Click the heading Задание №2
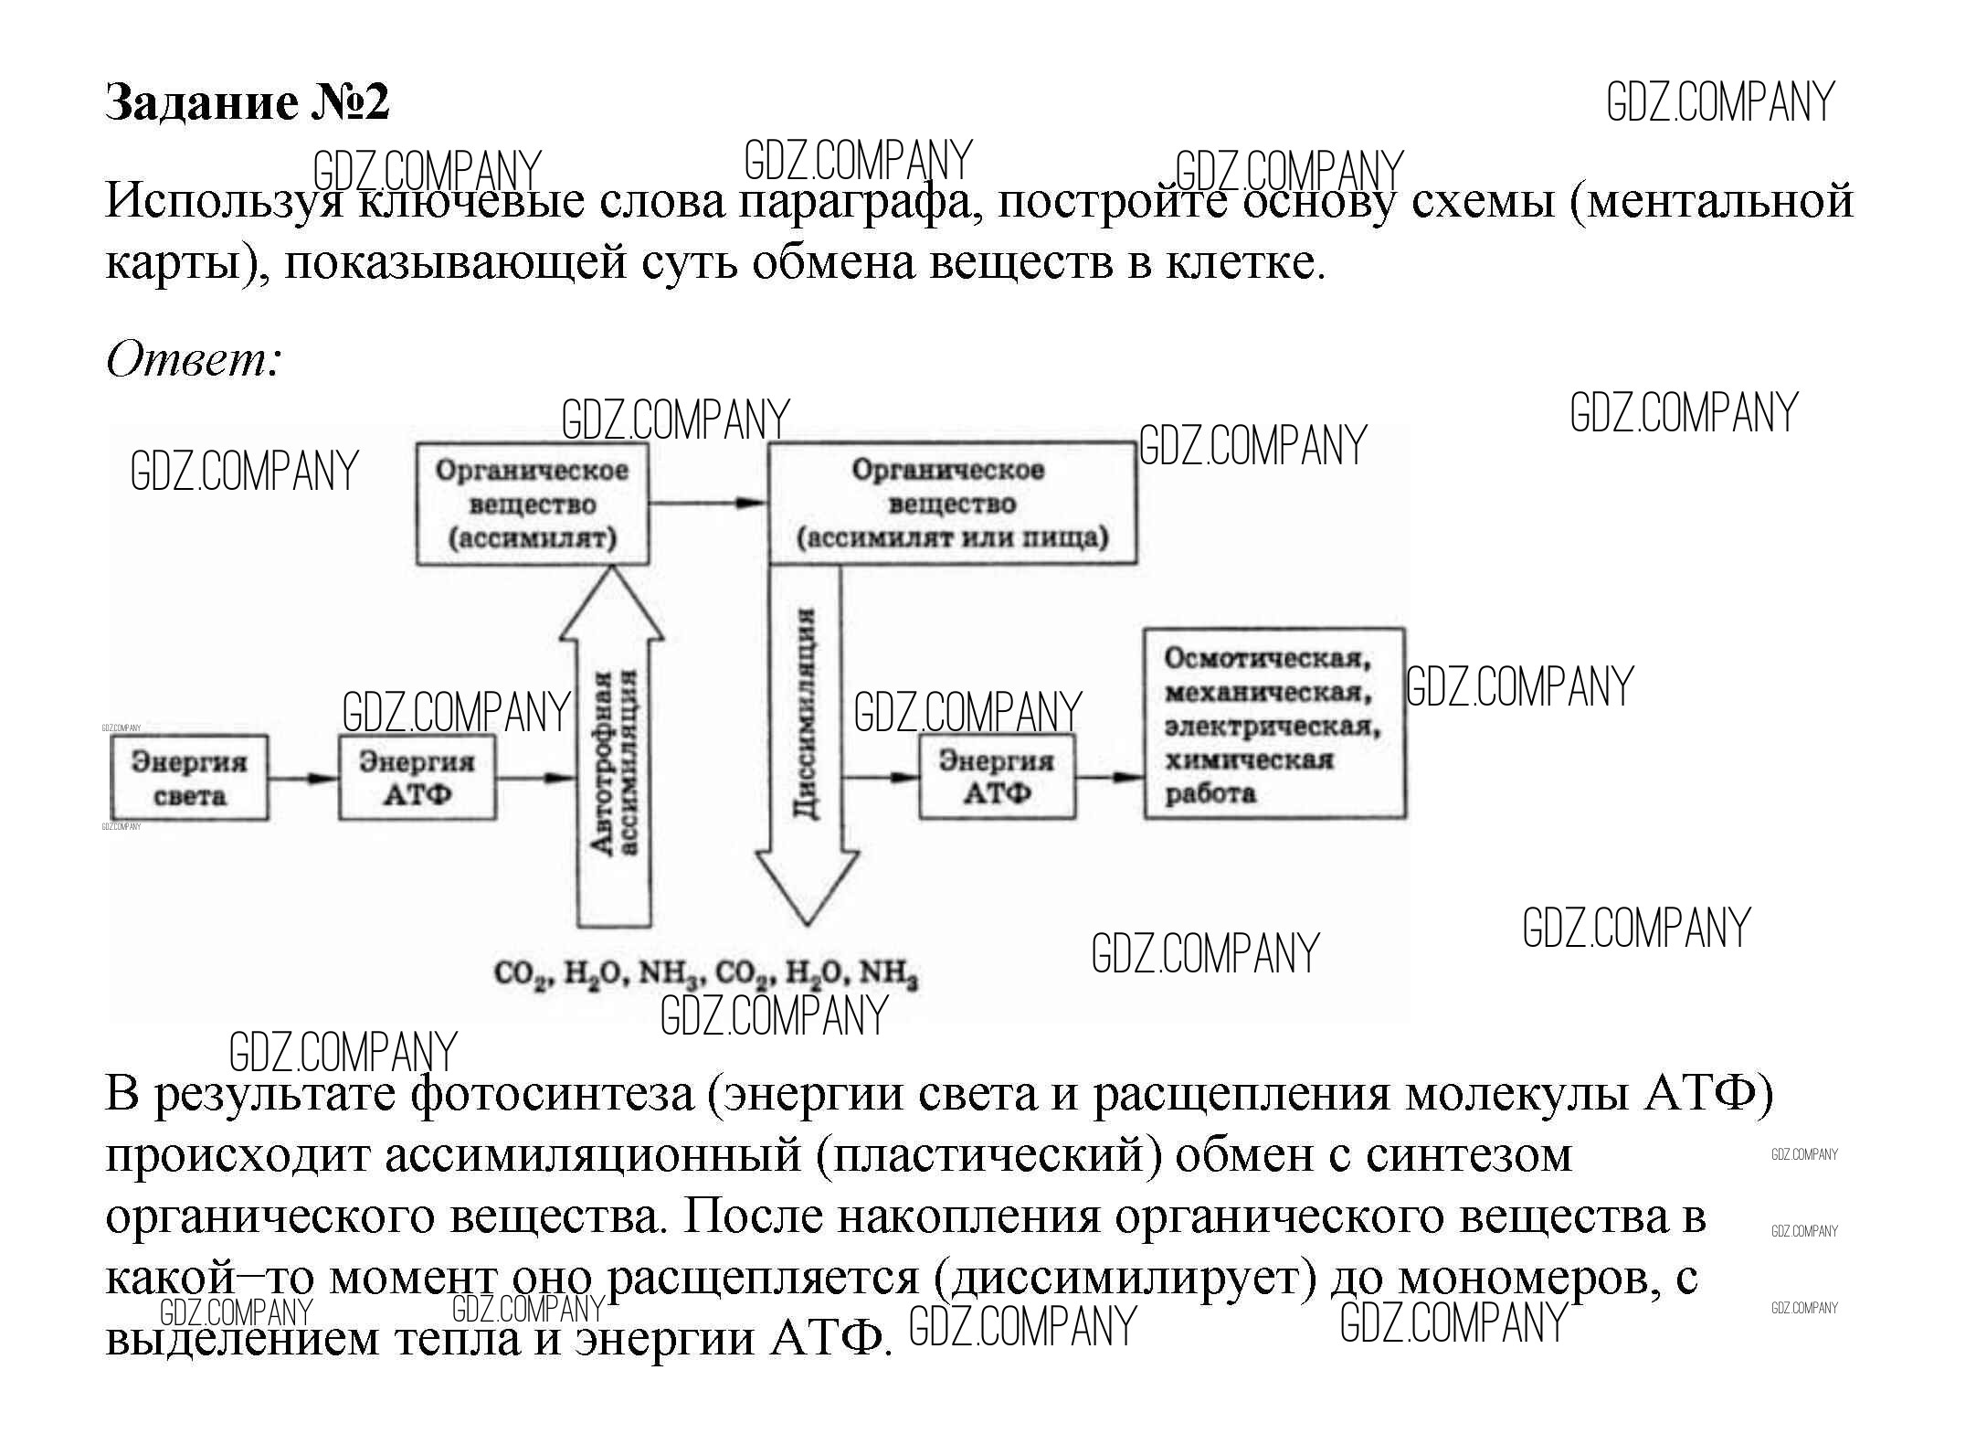pos(248,102)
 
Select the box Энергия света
pos(189,778)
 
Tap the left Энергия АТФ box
pos(417,778)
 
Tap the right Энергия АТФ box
pos(997,778)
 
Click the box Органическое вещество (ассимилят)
pos(533,504)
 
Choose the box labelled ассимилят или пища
pos(952,504)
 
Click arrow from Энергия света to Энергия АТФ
pos(303,778)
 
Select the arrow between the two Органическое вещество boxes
pos(708,503)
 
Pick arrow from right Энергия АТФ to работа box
pos(1109,778)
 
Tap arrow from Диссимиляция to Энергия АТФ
pos(880,778)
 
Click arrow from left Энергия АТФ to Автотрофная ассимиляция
pos(537,778)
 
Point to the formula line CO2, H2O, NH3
pos(705,974)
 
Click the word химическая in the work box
pos(1249,759)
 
